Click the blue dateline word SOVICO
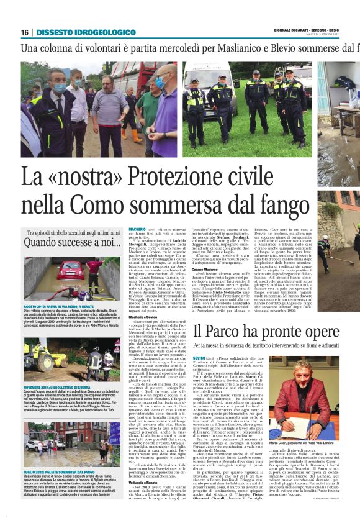click(199, 358)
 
